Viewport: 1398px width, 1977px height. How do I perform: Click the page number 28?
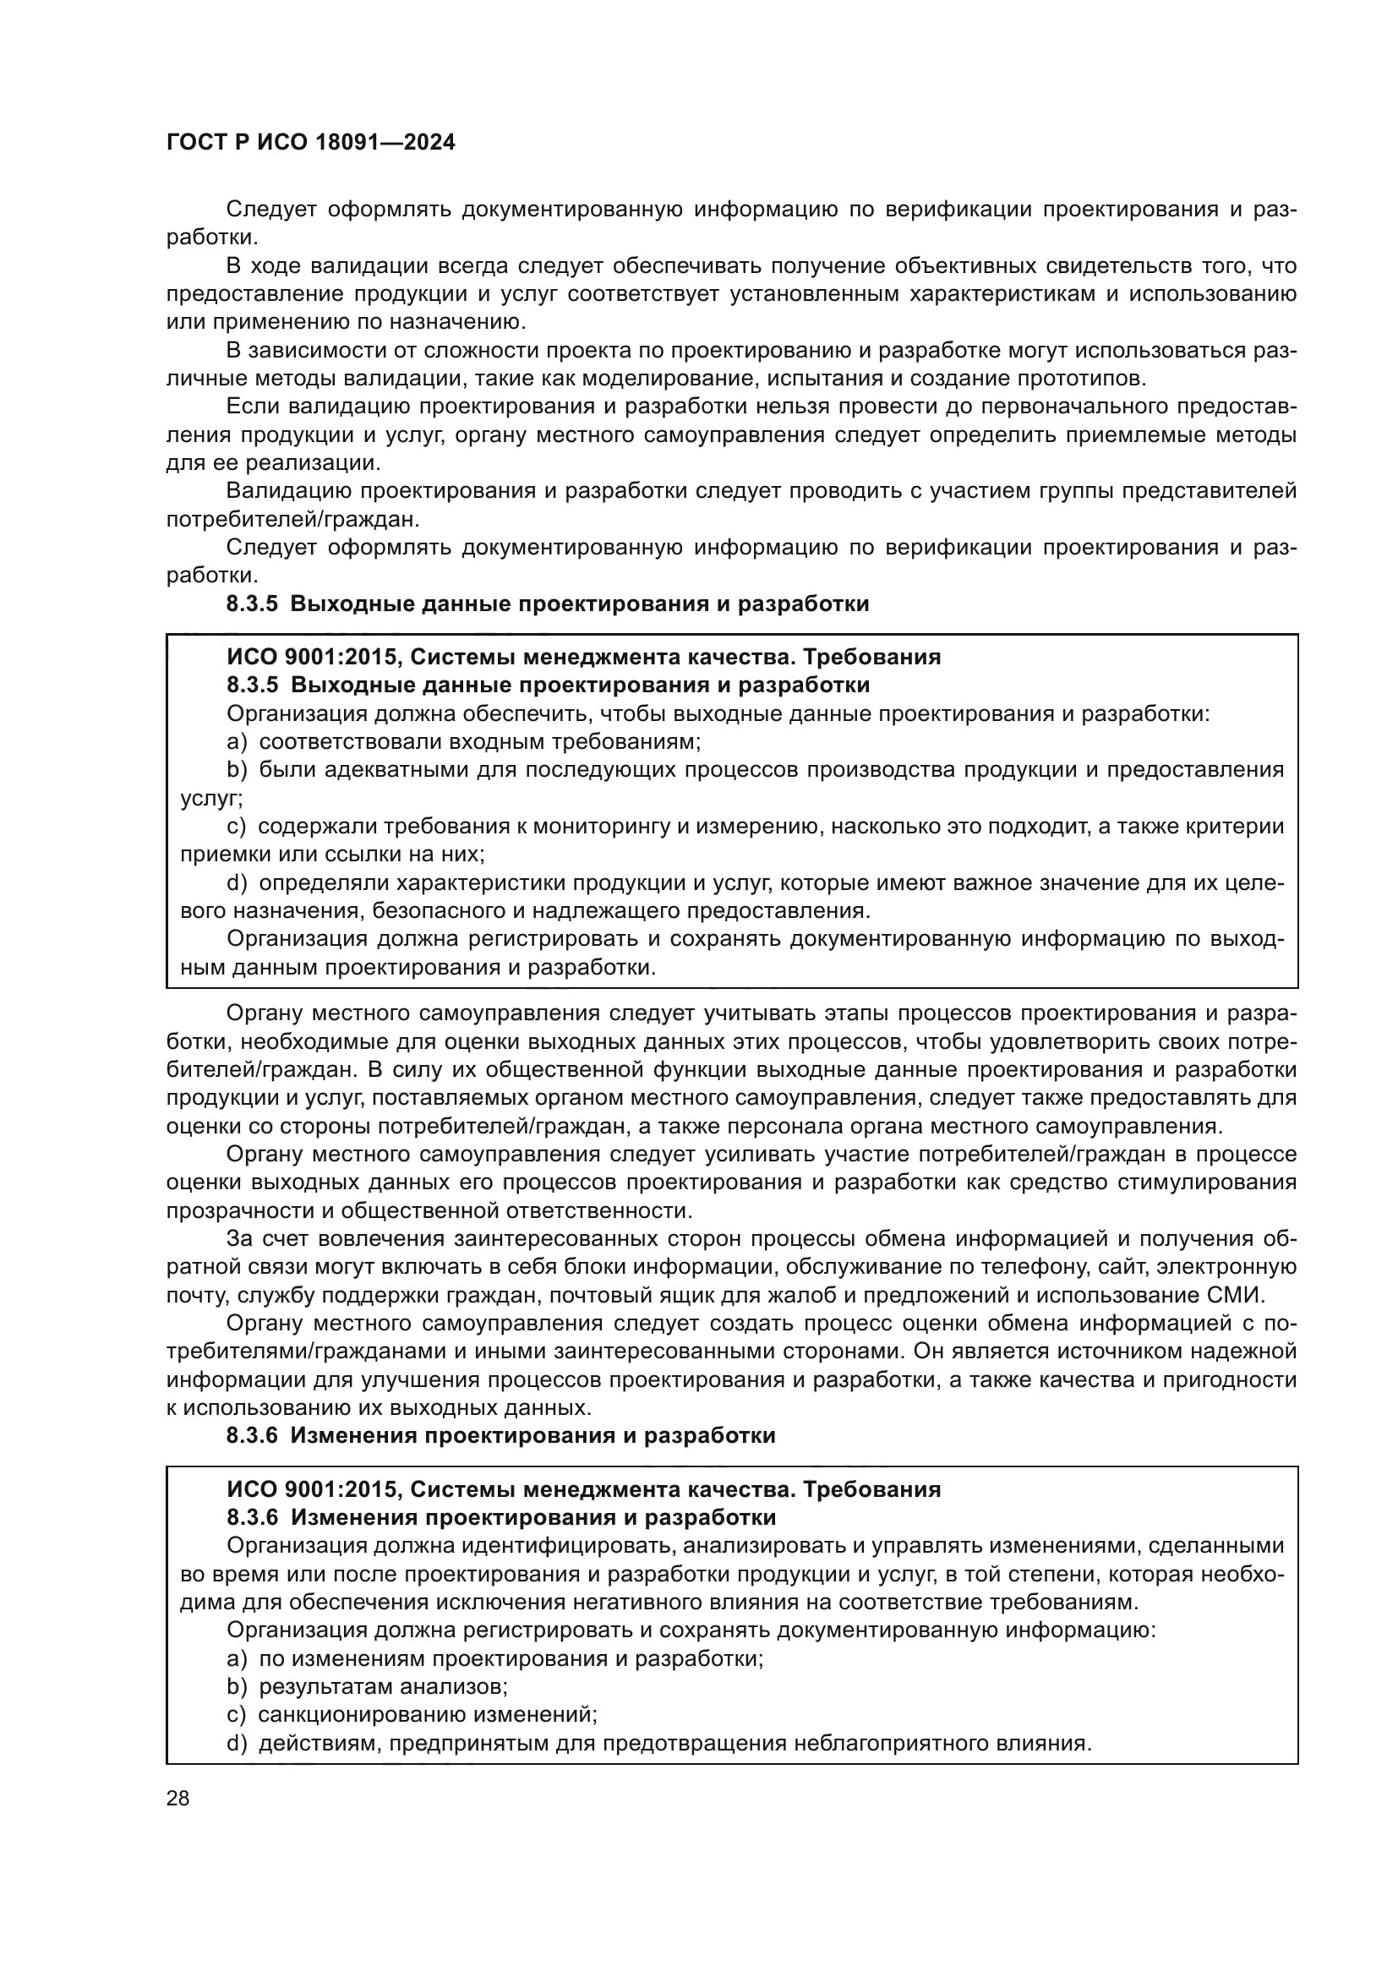(177, 1797)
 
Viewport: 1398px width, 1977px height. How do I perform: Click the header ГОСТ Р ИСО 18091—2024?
(310, 143)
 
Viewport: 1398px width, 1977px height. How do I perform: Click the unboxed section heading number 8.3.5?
(252, 604)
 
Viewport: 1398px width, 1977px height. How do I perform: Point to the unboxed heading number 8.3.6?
(252, 1435)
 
